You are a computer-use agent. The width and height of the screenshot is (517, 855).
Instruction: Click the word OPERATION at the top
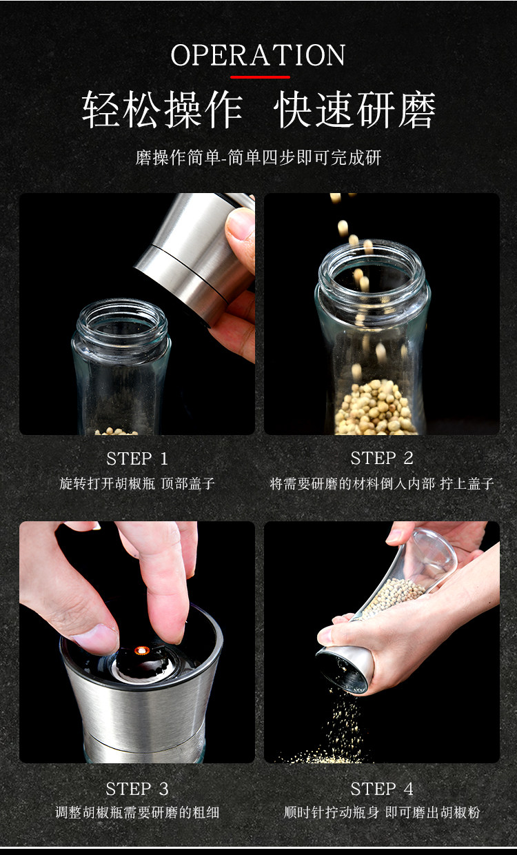(258, 56)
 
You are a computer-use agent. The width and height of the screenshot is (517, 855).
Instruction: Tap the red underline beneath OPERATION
(260, 77)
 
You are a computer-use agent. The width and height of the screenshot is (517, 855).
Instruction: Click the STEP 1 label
(137, 459)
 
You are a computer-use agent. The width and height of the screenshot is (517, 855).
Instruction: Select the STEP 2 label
(382, 459)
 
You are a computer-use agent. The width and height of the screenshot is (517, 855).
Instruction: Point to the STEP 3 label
(137, 789)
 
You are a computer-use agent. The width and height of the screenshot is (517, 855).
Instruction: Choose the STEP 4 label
(382, 789)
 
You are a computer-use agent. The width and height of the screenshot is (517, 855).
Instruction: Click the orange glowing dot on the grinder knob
(141, 650)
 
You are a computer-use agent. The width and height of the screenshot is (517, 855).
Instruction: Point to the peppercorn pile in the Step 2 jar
(374, 408)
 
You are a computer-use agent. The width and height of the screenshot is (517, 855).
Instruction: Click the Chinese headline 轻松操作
(162, 110)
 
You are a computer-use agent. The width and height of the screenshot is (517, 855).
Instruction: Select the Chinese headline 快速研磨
(354, 110)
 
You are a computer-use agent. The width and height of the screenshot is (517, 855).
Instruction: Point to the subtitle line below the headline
(258, 158)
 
